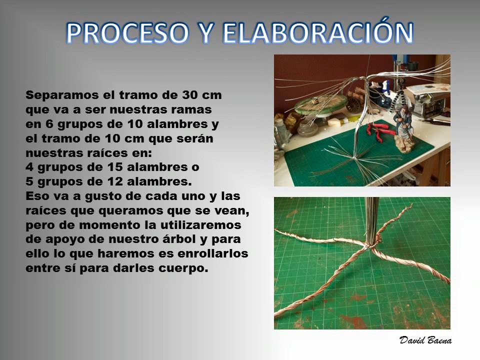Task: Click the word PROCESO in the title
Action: click(x=126, y=32)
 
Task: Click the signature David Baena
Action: click(x=425, y=340)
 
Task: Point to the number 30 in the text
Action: click(x=190, y=95)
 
